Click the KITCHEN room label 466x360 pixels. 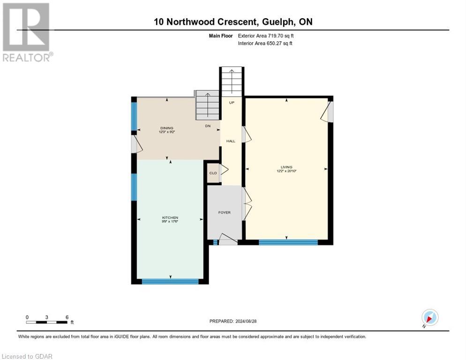pyautogui.click(x=170, y=217)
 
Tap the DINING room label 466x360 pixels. pyautogui.click(x=167, y=128)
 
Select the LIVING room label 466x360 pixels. pyautogui.click(x=286, y=167)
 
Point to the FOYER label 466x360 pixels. pyautogui.click(x=225, y=212)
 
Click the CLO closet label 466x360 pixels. pyautogui.click(x=213, y=173)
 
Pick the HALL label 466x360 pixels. pyautogui.click(x=231, y=141)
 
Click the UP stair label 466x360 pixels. pyautogui.click(x=232, y=102)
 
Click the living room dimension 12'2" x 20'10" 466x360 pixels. pyautogui.click(x=286, y=171)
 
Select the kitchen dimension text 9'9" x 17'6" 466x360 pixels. pyautogui.click(x=170, y=222)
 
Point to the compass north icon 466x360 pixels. pyautogui.click(x=429, y=317)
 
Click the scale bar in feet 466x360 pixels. pyautogui.click(x=47, y=322)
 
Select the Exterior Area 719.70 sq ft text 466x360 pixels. pyautogui.click(x=267, y=36)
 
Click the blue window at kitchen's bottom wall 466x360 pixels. pyautogui.click(x=170, y=281)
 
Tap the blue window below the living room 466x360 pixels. pyautogui.click(x=288, y=242)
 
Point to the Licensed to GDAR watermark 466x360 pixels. pyautogui.click(x=27, y=356)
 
